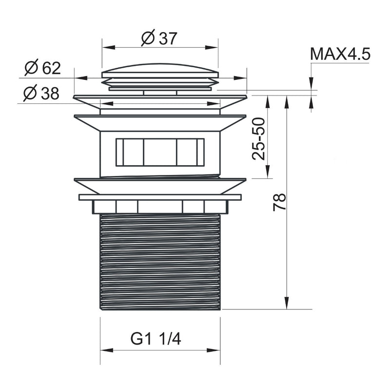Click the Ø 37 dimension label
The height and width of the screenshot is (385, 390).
point(159,38)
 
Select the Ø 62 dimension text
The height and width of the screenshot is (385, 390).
point(43,67)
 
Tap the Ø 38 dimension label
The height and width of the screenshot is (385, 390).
point(41,93)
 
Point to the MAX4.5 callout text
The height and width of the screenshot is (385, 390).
point(340,54)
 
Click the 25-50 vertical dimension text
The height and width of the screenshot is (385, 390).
point(258,139)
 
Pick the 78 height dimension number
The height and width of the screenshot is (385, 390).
point(279,202)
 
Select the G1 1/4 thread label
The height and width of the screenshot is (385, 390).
point(156,339)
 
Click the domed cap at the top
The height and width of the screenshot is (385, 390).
point(160,70)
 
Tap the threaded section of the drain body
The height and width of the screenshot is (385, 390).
point(160,262)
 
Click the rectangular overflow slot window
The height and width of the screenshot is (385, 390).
point(160,152)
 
